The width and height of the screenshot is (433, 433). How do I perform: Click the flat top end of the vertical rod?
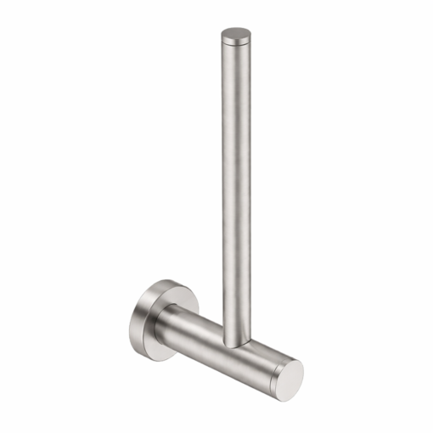[x=236, y=36]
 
